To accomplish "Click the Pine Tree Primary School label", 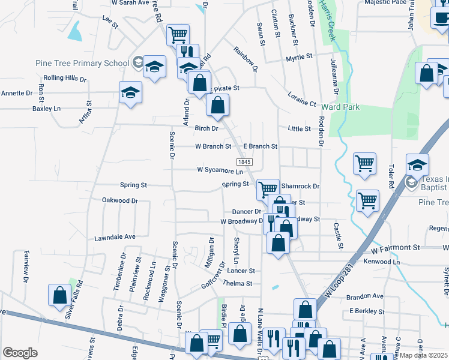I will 91,63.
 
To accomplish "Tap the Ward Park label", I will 340,107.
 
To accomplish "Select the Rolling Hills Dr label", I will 65,79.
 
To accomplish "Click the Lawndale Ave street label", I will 115,238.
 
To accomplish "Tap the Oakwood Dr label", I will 120,200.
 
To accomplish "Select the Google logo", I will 20,353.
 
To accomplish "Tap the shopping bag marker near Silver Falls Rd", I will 59,295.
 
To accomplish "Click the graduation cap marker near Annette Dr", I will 130,92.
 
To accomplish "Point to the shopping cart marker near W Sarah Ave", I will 178,35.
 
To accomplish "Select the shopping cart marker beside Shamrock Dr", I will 268,189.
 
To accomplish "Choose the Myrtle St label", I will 300,57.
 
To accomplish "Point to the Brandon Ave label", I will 364,296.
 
